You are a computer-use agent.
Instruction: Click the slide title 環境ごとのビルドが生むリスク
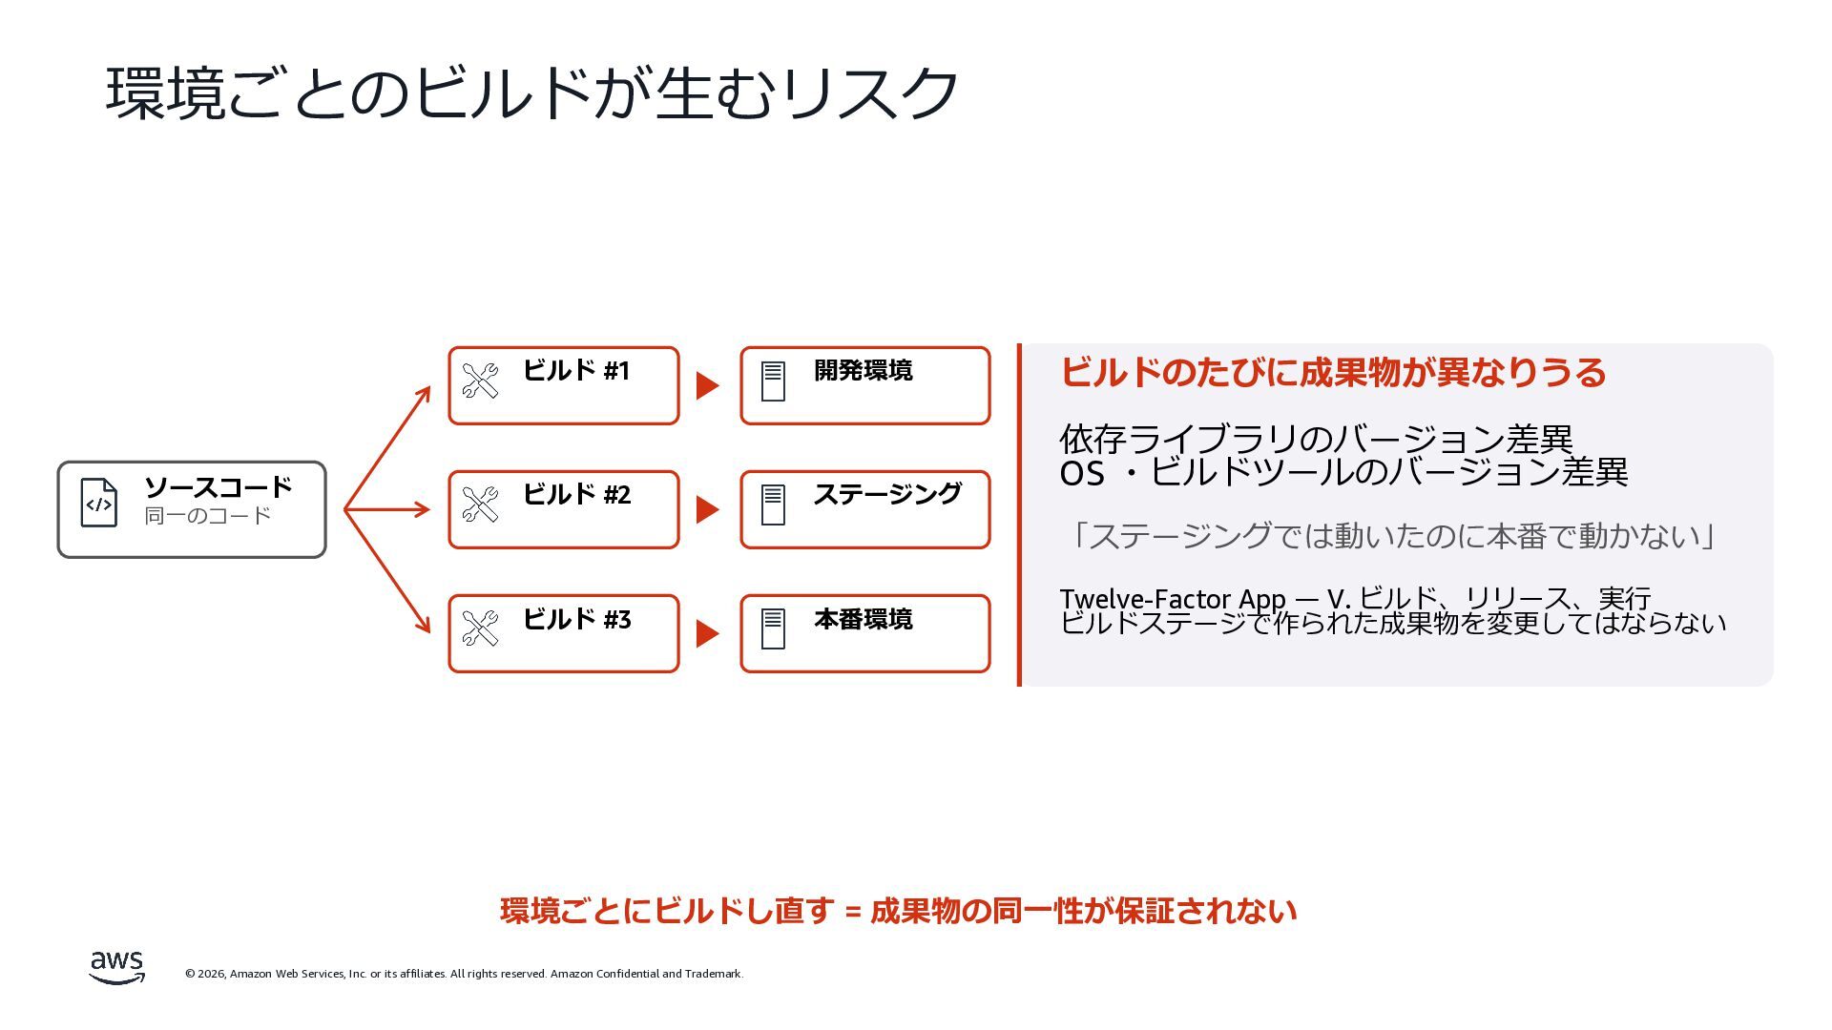pos(531,93)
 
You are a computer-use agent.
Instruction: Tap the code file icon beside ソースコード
pos(99,503)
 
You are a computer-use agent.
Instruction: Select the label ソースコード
pos(218,487)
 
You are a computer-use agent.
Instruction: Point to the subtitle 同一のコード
pos(208,516)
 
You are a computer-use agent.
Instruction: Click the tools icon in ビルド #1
pos(480,381)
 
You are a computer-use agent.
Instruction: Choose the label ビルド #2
pos(576,494)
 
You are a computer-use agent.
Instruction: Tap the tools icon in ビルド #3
pos(480,628)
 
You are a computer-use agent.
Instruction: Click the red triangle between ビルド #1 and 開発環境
pos(707,385)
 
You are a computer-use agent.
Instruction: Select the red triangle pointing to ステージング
pos(707,509)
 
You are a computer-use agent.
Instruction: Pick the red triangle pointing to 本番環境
pos(707,633)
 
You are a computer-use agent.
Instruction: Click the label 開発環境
pos(863,370)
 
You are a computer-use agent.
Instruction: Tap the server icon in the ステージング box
pos(773,505)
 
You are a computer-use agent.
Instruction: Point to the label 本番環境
pos(863,619)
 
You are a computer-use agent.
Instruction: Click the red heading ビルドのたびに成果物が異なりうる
pos(1333,372)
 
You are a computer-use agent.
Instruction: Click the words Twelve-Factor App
pos(1173,599)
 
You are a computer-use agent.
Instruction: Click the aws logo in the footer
pos(117,967)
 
